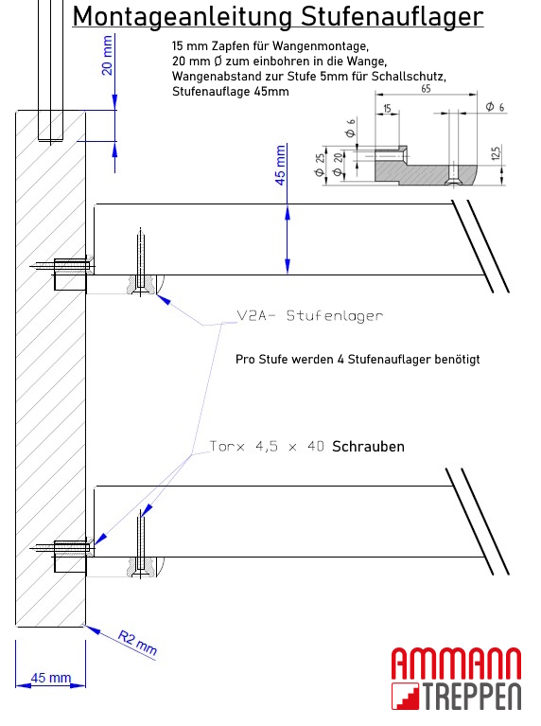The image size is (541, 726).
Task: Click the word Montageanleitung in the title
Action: coord(185,16)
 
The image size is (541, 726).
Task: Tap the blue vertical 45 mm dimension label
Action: coord(279,165)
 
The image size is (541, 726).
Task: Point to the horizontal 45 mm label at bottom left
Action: coord(51,678)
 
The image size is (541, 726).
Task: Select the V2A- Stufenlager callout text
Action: coord(309,316)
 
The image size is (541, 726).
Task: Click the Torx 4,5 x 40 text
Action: coord(268,446)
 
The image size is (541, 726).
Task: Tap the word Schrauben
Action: coord(368,446)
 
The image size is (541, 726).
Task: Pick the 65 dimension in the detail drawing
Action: coord(427,87)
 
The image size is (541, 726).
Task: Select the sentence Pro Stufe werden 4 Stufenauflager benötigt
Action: coord(358,360)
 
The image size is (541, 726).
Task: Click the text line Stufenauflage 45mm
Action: coord(231,92)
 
